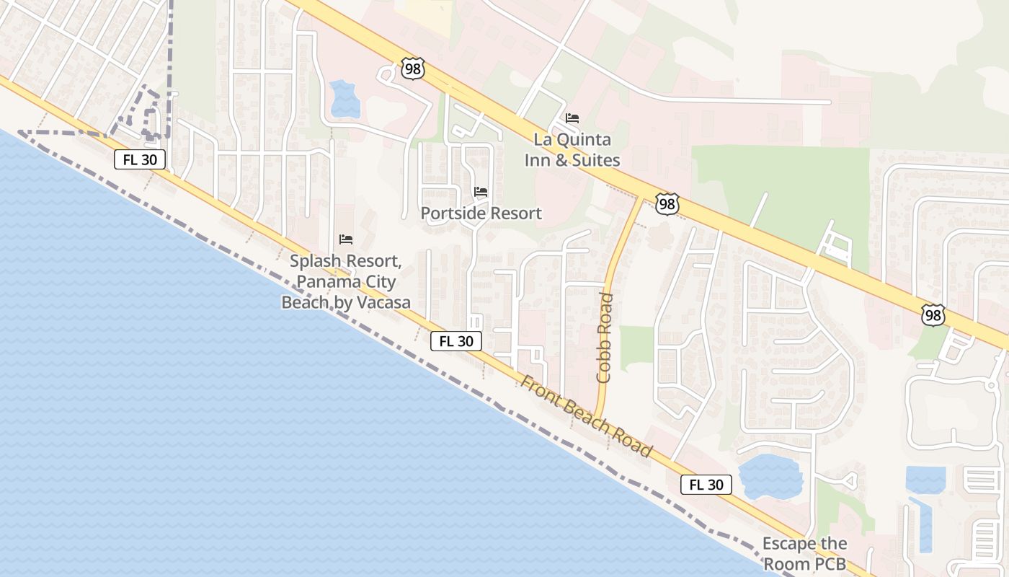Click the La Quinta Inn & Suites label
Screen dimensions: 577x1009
(572, 149)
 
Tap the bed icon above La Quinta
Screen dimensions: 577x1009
(572, 118)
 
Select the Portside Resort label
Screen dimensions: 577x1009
(481, 213)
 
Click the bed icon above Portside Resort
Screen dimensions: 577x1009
(481, 192)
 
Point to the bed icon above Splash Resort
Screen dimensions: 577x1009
(346, 239)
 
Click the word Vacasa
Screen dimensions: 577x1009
(382, 302)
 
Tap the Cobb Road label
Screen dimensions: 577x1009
(604, 337)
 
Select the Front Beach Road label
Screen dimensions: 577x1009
(586, 417)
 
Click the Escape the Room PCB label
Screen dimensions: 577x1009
(804, 553)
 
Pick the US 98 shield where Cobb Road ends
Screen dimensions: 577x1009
(667, 204)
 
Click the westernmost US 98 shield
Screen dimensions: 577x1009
(413, 69)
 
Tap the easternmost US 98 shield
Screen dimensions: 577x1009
(933, 314)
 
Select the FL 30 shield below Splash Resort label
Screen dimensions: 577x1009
(455, 341)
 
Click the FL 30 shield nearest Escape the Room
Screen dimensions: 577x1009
(706, 485)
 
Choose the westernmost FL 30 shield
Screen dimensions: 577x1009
(140, 159)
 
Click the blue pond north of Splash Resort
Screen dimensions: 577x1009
(344, 99)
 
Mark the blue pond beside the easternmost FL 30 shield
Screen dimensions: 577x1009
(770, 477)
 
